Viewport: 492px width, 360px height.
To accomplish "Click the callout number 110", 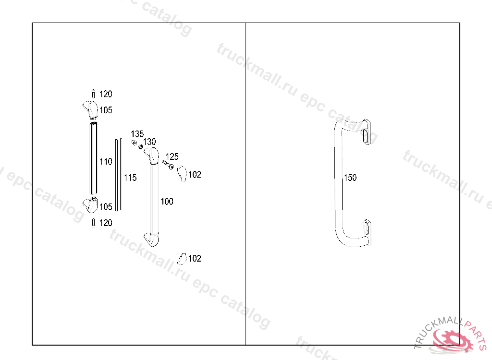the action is tap(106, 161).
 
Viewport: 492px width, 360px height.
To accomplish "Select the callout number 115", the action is tap(130, 178).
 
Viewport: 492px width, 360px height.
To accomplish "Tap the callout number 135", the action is tap(137, 134).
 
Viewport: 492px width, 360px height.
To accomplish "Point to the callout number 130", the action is tap(149, 142).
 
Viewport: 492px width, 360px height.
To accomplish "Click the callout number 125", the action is tap(172, 156).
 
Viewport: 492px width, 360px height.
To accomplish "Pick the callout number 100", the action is tap(167, 201).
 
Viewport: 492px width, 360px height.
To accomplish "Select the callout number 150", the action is tap(350, 178).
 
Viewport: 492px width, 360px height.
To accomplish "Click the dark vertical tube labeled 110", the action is tap(94, 158).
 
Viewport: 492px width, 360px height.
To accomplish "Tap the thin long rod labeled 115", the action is tap(118, 174).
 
